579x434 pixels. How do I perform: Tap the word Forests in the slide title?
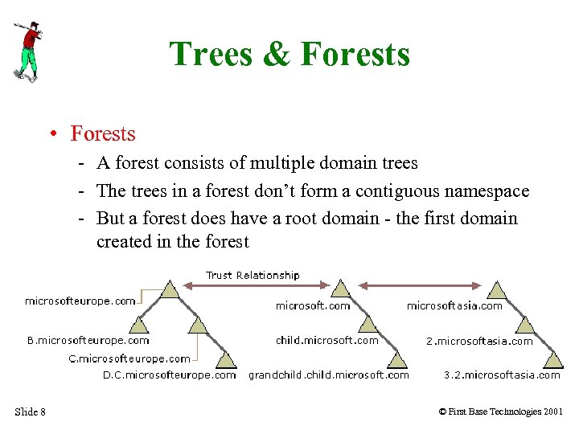point(355,55)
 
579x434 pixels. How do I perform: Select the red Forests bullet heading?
point(102,133)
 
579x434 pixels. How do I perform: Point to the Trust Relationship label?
point(253,275)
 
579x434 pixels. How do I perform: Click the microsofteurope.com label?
point(80,301)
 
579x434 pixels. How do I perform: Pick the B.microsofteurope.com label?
point(88,341)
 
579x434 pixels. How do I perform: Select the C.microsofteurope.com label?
point(129,358)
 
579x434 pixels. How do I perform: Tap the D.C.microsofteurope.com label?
point(169,375)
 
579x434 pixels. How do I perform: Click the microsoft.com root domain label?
point(313,305)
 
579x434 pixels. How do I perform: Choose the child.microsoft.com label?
point(326,340)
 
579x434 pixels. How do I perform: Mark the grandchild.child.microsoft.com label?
point(328,375)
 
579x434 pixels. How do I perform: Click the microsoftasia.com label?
point(454,305)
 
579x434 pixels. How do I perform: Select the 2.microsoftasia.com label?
point(479,341)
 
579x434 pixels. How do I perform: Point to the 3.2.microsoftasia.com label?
point(502,375)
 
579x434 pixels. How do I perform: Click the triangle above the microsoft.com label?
point(342,289)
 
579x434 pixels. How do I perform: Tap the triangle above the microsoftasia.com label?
point(498,289)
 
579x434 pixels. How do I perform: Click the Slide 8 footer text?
point(30,412)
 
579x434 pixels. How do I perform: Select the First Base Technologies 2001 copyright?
point(501,412)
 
